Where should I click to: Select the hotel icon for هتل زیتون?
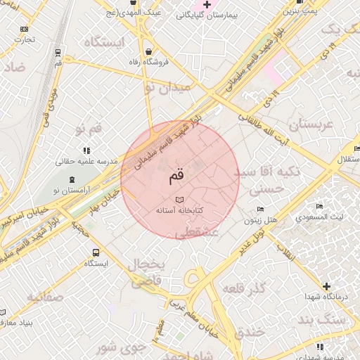(261, 209)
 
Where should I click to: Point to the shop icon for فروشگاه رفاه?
(148, 52)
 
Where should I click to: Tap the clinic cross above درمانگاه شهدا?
(326, 286)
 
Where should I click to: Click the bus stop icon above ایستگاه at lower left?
(96, 252)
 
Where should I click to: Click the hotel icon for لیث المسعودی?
(319, 207)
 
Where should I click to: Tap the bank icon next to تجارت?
(25, 29)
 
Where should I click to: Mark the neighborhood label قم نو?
(89, 128)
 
